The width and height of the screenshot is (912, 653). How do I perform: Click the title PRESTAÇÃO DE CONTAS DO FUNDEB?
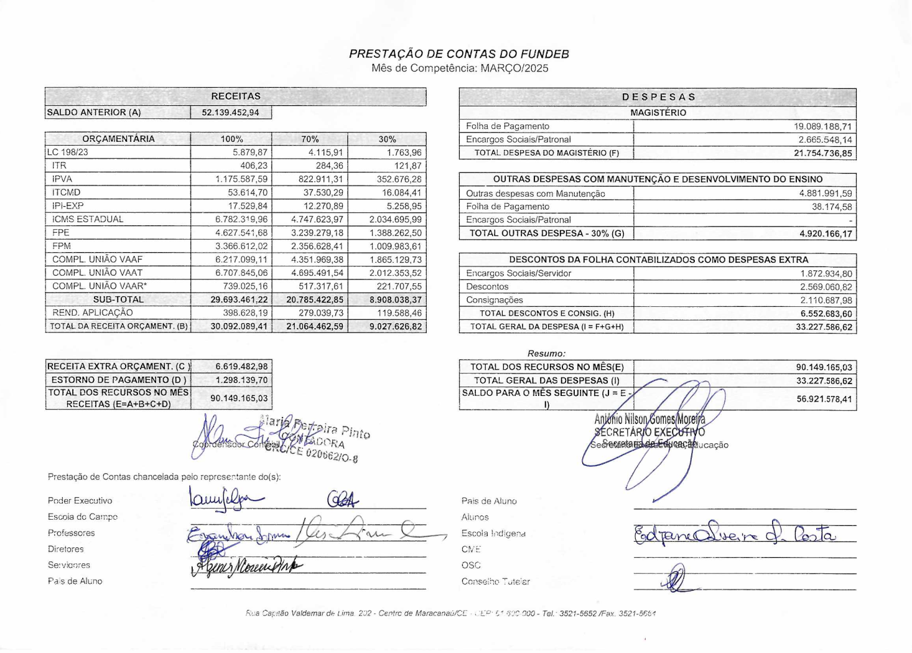point(458,54)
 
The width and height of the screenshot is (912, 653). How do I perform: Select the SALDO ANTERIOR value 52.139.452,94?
point(230,113)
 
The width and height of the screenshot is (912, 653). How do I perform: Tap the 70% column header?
point(310,139)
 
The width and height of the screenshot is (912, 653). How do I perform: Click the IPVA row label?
point(62,179)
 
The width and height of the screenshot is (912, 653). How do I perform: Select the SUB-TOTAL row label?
point(118,299)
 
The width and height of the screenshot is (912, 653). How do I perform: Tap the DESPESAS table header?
point(658,97)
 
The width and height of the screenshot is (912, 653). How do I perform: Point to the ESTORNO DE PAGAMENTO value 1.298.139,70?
point(241,380)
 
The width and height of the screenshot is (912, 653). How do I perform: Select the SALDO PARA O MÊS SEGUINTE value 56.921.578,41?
point(824,398)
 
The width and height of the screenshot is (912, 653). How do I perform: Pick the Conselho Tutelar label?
point(495,581)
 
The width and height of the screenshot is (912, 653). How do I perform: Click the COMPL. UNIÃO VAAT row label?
point(97,273)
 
